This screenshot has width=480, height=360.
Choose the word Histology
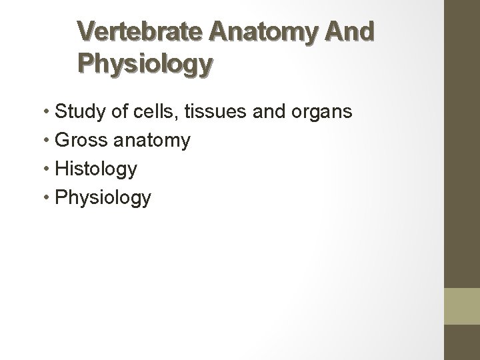tap(96, 169)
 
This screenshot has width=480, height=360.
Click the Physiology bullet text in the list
tap(103, 198)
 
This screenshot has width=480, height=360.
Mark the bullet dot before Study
tap(47, 112)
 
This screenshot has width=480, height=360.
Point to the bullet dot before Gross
tap(47, 141)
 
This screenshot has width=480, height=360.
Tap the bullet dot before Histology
tap(47, 169)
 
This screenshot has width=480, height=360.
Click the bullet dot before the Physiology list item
tap(47, 198)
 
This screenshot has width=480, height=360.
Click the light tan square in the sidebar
tap(462, 306)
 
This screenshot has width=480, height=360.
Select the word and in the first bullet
tap(269, 111)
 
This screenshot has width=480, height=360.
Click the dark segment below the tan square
tap(462, 343)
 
